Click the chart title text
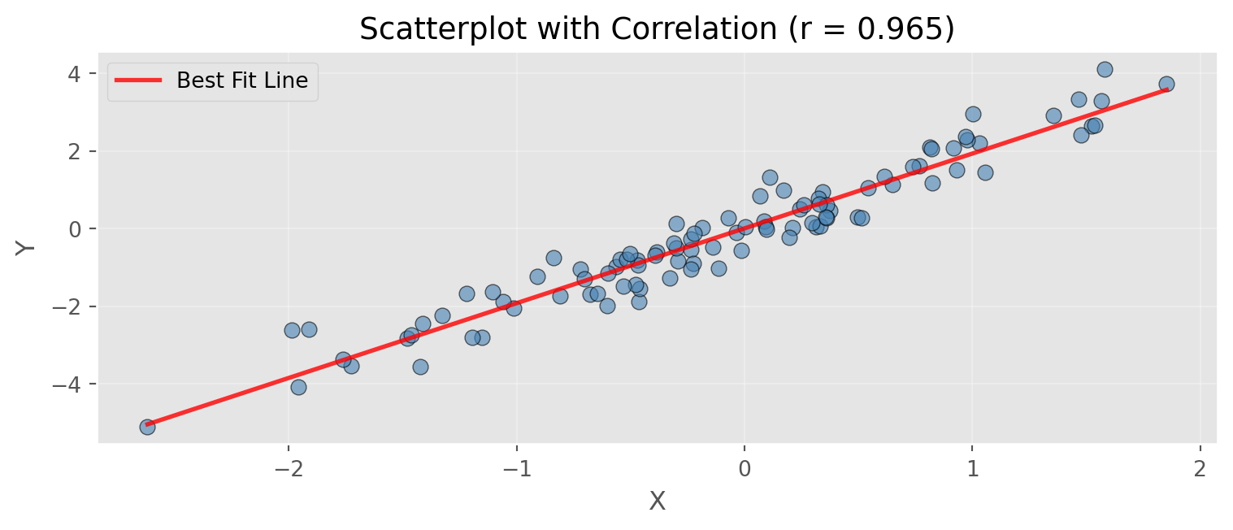(x=657, y=29)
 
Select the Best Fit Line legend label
(x=242, y=80)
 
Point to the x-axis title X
(x=657, y=502)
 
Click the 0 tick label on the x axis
(x=745, y=470)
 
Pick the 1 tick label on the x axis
(x=972, y=470)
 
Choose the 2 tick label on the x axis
(x=1200, y=470)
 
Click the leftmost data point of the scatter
(x=147, y=427)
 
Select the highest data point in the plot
(x=1105, y=69)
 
